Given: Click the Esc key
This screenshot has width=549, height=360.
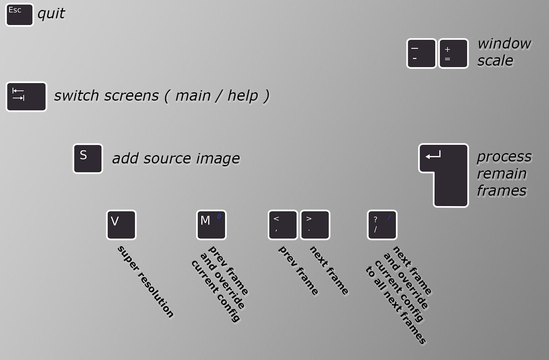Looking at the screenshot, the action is (x=19, y=15).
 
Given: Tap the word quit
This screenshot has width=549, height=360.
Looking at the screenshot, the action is (x=51, y=14).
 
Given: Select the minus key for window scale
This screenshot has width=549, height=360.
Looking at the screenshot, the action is (x=421, y=53).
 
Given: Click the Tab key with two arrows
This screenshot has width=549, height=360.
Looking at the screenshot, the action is (x=26, y=97).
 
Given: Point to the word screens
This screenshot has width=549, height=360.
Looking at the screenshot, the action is (x=131, y=95).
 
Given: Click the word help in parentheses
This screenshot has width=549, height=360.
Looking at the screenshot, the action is (x=243, y=95).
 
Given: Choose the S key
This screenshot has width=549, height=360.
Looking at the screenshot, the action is (x=88, y=159).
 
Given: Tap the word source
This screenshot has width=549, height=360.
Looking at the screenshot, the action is (x=167, y=159).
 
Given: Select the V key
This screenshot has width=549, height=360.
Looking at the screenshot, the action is (x=121, y=225).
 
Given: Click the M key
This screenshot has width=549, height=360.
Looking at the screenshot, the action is (x=211, y=225).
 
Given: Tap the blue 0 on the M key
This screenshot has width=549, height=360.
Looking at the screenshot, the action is (x=219, y=217).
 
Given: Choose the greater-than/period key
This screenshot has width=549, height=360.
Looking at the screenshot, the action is (x=315, y=225).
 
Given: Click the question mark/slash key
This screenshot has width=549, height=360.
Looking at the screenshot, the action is (x=382, y=225).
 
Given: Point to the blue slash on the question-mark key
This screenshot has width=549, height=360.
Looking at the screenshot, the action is (x=389, y=217).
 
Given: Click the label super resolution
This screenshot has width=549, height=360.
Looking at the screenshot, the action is (x=146, y=282).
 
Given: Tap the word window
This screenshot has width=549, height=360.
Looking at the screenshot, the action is (x=504, y=44).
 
